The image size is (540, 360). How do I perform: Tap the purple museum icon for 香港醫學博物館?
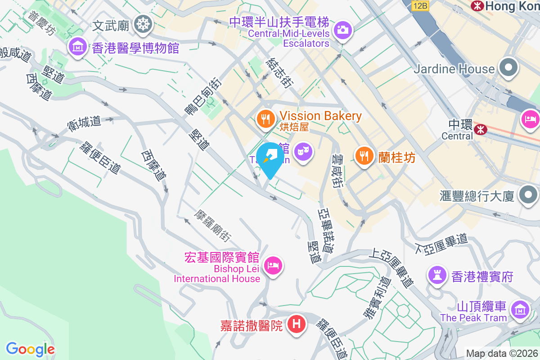click(78, 47)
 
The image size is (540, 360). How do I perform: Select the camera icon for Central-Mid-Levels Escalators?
click(342, 30)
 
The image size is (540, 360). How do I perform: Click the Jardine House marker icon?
click(508, 68)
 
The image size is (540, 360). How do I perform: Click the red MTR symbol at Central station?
click(480, 130)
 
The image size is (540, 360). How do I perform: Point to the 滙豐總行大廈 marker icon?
click(528, 195)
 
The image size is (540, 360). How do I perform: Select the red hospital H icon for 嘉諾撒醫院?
click(297, 324)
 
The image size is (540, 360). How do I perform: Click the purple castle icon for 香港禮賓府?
click(436, 274)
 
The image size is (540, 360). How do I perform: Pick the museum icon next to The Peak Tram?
click(520, 309)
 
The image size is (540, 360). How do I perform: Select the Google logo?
click(30, 349)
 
